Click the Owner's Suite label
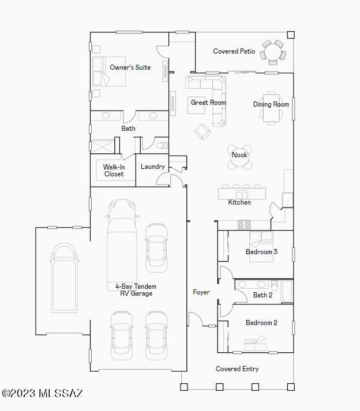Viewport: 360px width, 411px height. click(130, 67)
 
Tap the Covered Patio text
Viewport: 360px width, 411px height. click(234, 51)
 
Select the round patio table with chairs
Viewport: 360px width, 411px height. click(273, 52)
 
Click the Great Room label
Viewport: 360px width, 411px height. click(208, 103)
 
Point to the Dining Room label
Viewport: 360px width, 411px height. click(271, 104)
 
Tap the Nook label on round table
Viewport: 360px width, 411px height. click(239, 155)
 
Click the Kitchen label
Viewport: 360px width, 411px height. click(239, 202)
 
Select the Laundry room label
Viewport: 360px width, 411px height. click(153, 167)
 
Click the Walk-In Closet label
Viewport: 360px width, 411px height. click(114, 171)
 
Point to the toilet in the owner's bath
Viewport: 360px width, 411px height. click(162, 145)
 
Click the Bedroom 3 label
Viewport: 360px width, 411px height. click(261, 252)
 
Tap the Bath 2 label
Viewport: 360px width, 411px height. click(262, 295)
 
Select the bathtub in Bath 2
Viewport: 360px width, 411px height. click(287, 292)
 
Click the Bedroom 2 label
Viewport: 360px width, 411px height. click(261, 323)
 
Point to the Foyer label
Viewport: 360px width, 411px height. click(201, 292)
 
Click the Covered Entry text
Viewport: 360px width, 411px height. click(237, 369)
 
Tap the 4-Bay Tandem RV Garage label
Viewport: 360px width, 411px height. click(136, 290)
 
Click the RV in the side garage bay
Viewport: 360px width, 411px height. click(65, 278)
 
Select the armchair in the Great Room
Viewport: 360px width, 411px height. click(202, 131)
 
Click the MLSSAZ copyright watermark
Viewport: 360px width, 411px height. click(43, 393)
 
